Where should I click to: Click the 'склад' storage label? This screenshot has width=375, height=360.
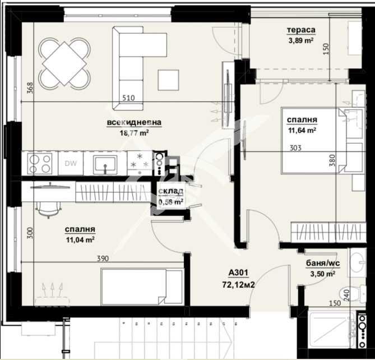[x=170, y=192]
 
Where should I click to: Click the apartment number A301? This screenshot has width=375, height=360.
[x=238, y=274]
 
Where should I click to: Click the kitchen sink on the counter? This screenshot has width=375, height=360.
[x=105, y=164]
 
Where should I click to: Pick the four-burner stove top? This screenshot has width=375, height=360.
[x=38, y=164]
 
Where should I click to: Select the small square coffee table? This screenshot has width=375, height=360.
[x=168, y=79]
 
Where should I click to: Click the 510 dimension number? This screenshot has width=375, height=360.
[x=129, y=98]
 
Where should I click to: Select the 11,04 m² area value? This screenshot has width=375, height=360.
[x=80, y=239]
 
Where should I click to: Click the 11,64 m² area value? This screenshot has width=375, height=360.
[x=302, y=131]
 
